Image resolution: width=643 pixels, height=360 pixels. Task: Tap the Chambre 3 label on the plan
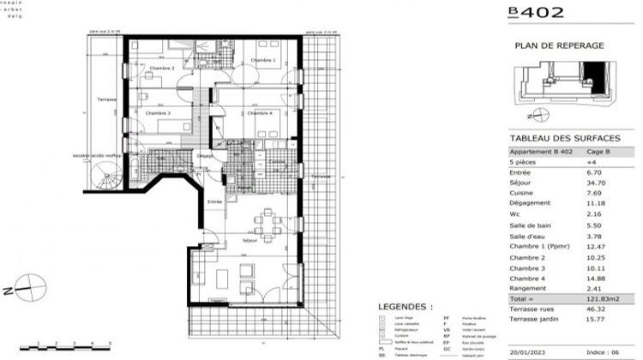coord(157,113)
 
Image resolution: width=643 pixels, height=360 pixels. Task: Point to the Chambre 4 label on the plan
coord(260,113)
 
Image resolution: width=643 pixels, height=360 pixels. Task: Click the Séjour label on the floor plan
coord(250,242)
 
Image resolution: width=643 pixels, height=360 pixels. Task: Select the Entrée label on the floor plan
coord(215,201)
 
